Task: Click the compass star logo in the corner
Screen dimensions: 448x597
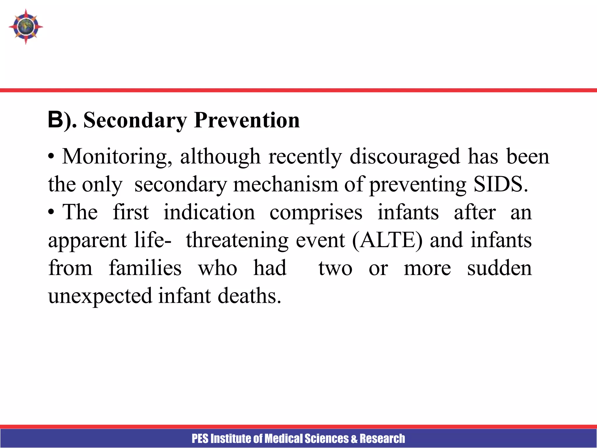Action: [26, 27]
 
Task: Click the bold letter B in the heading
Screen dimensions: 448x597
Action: [55, 120]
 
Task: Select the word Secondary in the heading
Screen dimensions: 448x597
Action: [135, 120]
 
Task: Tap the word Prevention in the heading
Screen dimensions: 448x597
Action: [247, 120]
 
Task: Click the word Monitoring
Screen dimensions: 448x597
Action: [117, 157]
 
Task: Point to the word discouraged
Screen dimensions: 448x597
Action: [405, 157]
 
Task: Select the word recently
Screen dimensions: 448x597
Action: [305, 157]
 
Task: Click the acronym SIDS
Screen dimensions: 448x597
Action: [501, 184]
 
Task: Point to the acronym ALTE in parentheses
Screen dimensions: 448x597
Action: [387, 240]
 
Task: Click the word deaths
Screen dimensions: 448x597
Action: [249, 296]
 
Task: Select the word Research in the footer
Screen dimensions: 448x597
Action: [382, 439]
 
